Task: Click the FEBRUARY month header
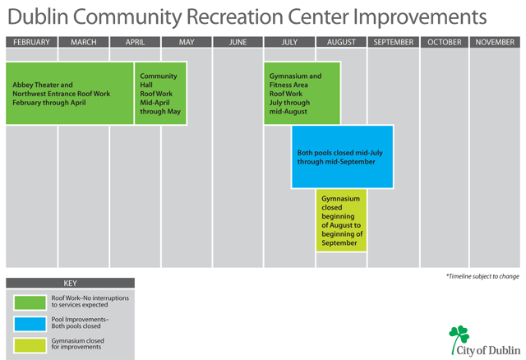click(31, 42)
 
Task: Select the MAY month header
click(187, 42)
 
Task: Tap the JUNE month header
click(238, 42)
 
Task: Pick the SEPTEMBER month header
click(394, 42)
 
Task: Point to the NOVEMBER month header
click(495, 42)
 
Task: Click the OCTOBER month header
click(445, 42)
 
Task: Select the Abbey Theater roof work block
click(69, 93)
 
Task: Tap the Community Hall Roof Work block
click(160, 93)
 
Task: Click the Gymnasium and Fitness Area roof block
click(302, 93)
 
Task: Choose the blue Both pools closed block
click(342, 157)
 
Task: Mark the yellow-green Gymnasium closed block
click(341, 220)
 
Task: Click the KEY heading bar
click(70, 283)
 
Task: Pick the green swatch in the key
click(30, 302)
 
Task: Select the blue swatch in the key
click(30, 324)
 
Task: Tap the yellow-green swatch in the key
click(30, 345)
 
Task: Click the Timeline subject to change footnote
click(482, 276)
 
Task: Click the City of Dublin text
click(488, 350)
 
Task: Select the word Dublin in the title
click(38, 16)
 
